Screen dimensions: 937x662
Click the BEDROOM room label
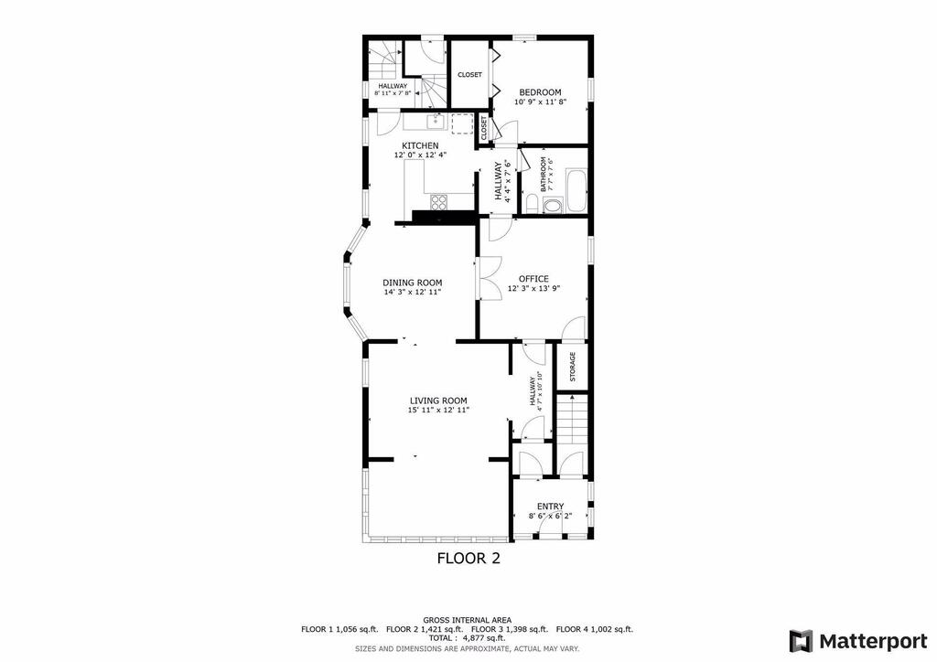(540, 92)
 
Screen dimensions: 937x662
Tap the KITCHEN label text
(420, 145)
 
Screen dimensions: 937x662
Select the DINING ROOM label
(413, 283)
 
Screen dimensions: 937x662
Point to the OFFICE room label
(533, 279)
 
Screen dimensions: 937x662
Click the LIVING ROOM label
(438, 401)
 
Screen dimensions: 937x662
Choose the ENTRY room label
(550, 507)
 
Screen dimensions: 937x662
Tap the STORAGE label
(573, 367)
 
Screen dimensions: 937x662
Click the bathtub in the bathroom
(576, 191)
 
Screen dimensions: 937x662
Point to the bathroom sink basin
(554, 207)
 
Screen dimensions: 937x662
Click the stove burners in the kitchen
(438, 202)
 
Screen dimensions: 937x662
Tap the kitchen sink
(436, 122)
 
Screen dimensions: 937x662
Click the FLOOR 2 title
(468, 559)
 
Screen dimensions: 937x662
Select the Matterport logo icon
(801, 642)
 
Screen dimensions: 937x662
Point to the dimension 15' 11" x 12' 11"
(438, 411)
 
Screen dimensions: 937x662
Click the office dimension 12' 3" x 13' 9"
(533, 288)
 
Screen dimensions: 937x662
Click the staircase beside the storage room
(573, 419)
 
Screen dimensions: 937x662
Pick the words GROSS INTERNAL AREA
(468, 620)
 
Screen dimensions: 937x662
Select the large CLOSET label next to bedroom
(469, 75)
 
